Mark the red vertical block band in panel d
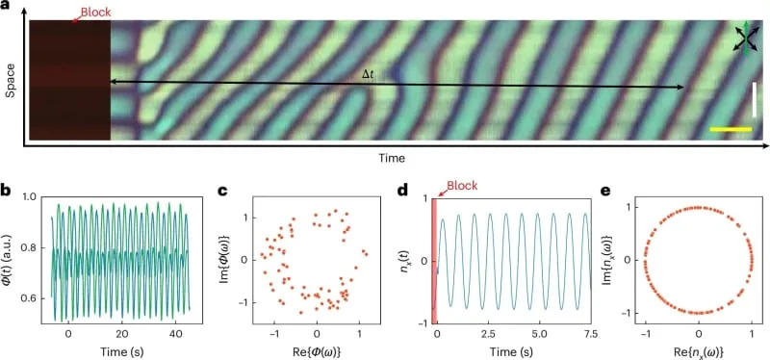435,260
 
